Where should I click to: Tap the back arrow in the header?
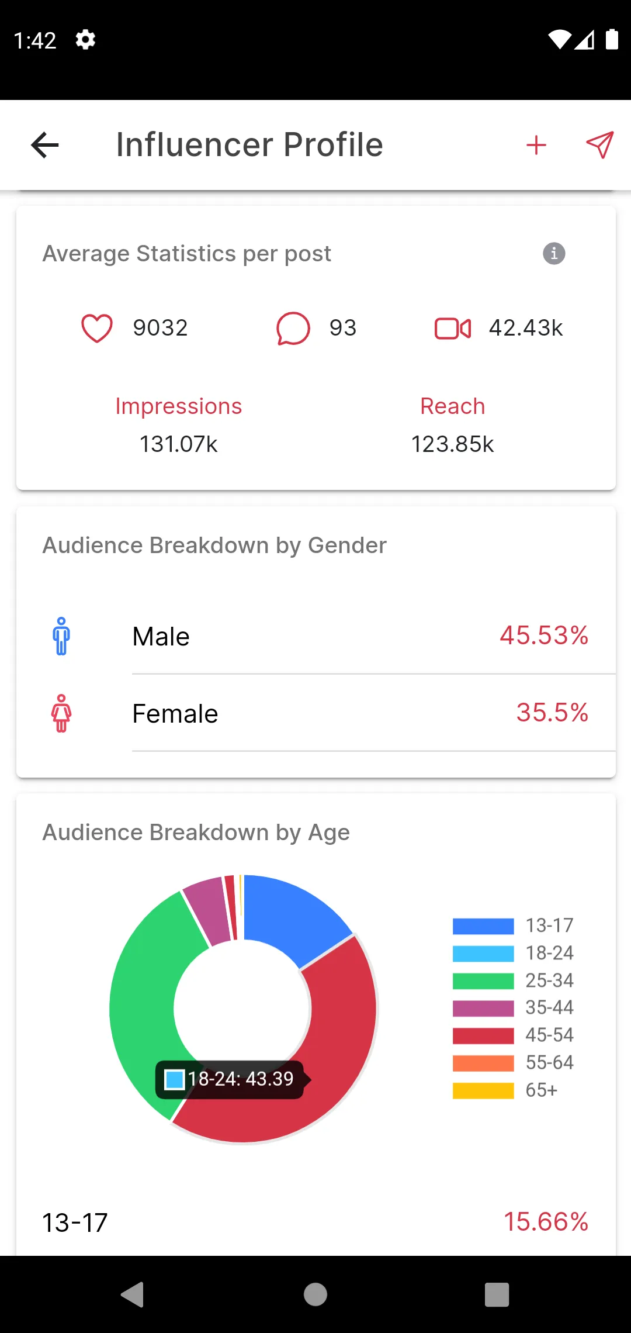pos(45,145)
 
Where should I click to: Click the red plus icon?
pos(536,145)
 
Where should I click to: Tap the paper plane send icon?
pos(600,145)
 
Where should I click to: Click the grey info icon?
pos(554,254)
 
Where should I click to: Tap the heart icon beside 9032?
pos(97,328)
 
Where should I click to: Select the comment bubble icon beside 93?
pos(293,328)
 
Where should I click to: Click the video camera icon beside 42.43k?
pos(453,329)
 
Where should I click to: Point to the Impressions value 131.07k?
pos(178,444)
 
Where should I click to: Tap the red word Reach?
pos(453,406)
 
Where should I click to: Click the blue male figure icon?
pos(61,636)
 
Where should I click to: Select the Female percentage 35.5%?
pos(552,713)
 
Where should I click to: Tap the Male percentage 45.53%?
pos(544,636)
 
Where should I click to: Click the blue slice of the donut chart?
pos(292,915)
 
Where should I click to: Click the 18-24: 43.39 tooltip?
pos(233,1079)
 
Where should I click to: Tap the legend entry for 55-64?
pos(513,1063)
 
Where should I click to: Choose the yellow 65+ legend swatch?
pos(483,1091)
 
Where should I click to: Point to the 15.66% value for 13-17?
pos(546,1222)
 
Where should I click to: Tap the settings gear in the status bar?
pos(85,40)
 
